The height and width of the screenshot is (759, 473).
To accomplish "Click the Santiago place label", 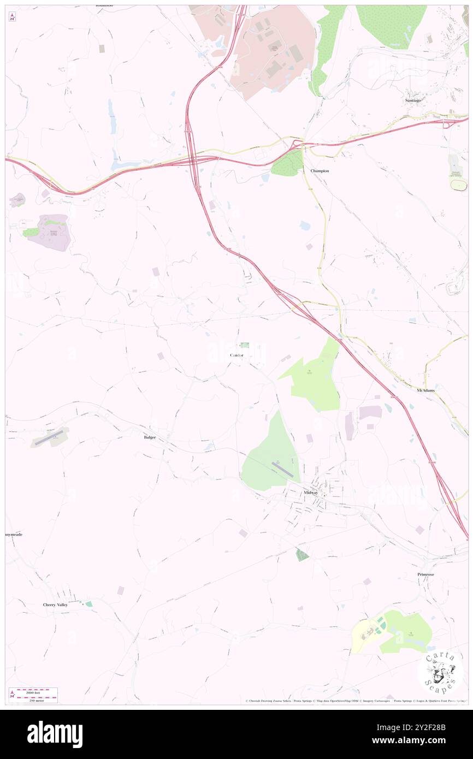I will (x=413, y=101).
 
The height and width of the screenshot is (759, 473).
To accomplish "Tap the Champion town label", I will (x=320, y=171).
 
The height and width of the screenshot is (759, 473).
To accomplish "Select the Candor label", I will (x=236, y=355).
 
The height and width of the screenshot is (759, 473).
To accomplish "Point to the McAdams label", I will (x=427, y=391).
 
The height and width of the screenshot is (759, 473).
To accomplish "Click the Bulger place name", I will (x=150, y=437).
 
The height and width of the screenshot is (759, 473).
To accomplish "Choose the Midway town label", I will (x=311, y=493).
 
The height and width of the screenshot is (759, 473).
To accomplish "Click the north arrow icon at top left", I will (x=12, y=17).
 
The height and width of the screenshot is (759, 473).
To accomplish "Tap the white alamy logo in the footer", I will (x=55, y=734).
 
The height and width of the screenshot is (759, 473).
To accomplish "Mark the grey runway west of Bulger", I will (x=49, y=437).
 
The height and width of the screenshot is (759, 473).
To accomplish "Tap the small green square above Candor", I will (x=245, y=345).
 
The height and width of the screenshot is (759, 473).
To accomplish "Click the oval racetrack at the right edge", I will (x=459, y=185).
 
